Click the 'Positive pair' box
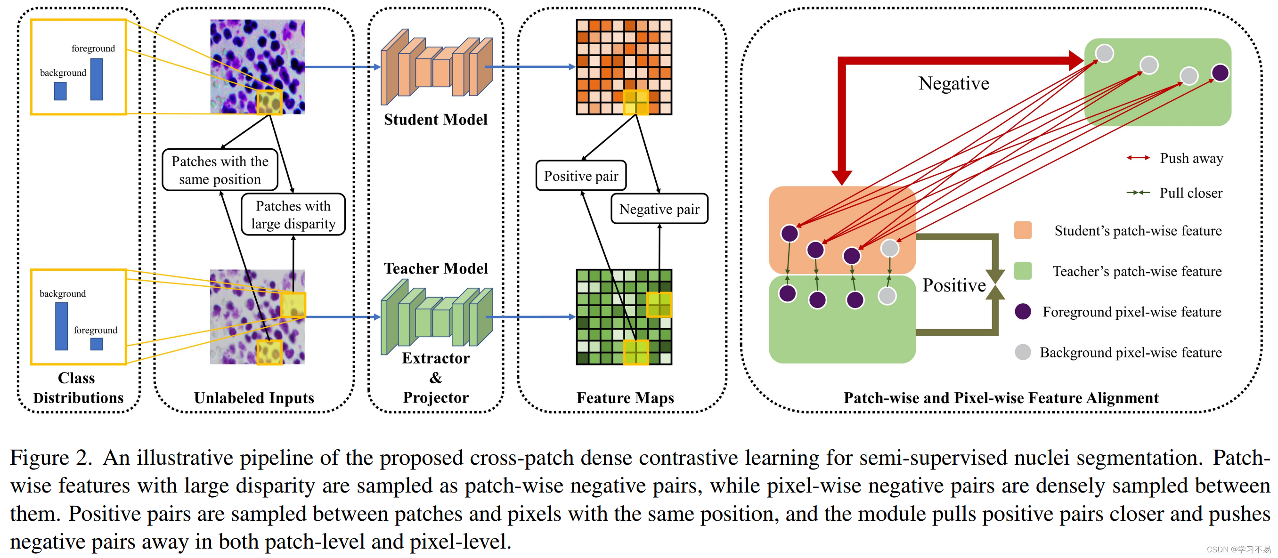pos(580,176)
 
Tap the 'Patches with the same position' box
pos(220,170)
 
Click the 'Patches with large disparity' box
pos(293,215)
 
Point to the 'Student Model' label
pos(435,120)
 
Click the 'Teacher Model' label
pos(435,268)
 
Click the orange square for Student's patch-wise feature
pos(1023,230)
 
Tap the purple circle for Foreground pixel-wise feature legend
pos(1023,311)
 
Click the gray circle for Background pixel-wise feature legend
pos(1023,352)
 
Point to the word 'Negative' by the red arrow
pos(953,83)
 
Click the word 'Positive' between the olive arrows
pos(953,285)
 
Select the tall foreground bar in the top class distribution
pos(97,80)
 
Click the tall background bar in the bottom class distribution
pos(62,326)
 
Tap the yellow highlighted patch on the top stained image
pos(269,103)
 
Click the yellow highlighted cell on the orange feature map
pos(635,103)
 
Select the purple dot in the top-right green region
pos(1220,73)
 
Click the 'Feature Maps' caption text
pos(625,398)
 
